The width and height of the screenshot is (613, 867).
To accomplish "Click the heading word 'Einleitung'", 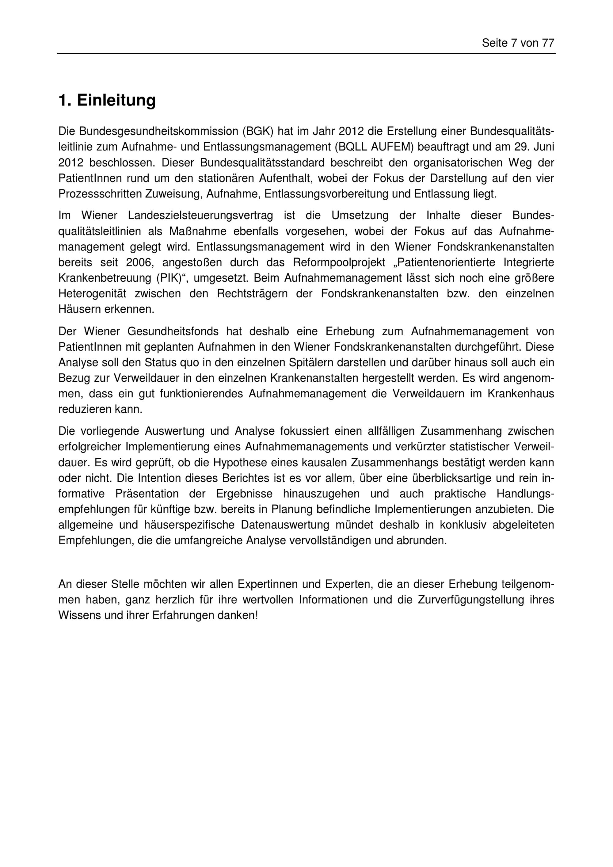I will click(116, 101).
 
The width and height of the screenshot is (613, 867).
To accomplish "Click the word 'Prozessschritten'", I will click(100, 194).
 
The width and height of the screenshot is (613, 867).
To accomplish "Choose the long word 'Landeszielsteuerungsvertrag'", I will click(200, 215).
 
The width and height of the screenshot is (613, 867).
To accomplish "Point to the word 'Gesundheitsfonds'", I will click(173, 331).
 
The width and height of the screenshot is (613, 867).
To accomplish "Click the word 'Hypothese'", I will click(240, 463).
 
